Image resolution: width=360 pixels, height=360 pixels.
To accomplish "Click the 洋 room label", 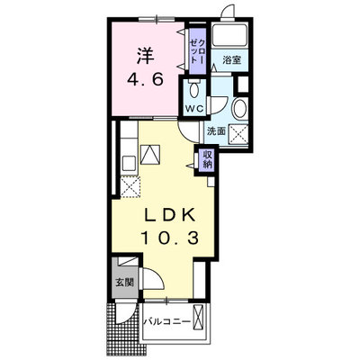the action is (x=146, y=56).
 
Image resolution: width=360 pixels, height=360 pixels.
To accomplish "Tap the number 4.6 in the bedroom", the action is (x=146, y=80).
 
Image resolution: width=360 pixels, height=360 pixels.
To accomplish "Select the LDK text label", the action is (x=169, y=215).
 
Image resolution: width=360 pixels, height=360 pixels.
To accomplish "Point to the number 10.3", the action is (x=169, y=238).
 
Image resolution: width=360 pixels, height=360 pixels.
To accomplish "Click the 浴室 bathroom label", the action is (x=231, y=60).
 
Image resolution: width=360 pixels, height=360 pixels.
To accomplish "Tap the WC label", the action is (x=193, y=108).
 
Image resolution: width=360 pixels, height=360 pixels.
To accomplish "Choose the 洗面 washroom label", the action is (x=216, y=131).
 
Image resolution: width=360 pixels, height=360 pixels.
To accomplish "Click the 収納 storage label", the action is (x=207, y=159).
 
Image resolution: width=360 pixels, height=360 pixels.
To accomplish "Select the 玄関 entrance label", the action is (x=125, y=282).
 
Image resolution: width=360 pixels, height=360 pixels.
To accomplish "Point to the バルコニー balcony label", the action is (x=166, y=322).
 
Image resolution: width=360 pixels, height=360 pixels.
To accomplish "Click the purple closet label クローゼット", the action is (x=198, y=51).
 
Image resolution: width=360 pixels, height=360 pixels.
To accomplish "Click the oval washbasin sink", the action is (x=240, y=108).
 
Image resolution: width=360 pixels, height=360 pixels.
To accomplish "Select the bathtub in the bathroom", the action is (x=229, y=35).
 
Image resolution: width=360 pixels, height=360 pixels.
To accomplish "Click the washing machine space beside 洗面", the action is (x=238, y=135).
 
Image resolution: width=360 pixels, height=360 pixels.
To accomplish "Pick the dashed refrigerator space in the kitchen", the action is (x=130, y=187).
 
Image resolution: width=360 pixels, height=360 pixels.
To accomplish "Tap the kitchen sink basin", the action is (x=130, y=164).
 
